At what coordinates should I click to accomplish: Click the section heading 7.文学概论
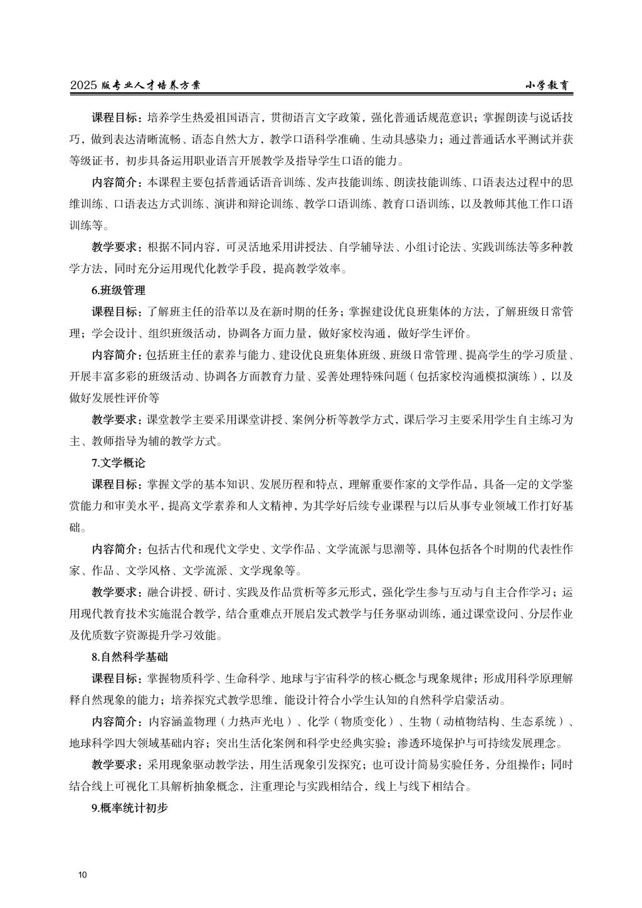(x=118, y=463)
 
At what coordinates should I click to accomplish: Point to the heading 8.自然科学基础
(x=130, y=657)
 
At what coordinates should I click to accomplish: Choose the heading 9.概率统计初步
(x=130, y=808)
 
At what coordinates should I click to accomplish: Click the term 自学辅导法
(x=365, y=247)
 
